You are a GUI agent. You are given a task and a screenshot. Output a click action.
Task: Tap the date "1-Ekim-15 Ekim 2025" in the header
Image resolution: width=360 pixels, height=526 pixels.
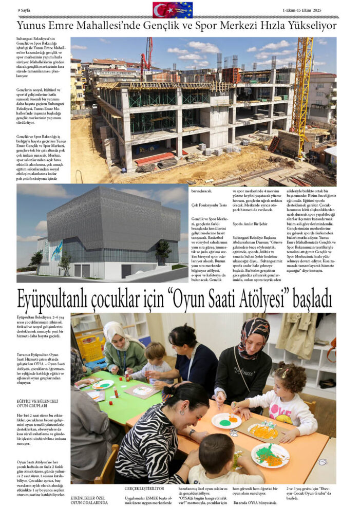click(x=301, y=10)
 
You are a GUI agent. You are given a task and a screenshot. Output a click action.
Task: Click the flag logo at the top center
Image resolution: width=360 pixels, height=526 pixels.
click(x=173, y=10)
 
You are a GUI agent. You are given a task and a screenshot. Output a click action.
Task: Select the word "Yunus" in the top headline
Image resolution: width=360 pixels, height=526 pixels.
click(x=33, y=26)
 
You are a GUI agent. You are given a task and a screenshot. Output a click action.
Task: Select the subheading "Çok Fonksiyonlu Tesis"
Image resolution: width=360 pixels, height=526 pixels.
click(x=205, y=205)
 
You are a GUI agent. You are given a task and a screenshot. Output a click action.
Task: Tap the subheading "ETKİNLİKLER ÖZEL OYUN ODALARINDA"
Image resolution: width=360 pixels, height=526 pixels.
click(x=89, y=500)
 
